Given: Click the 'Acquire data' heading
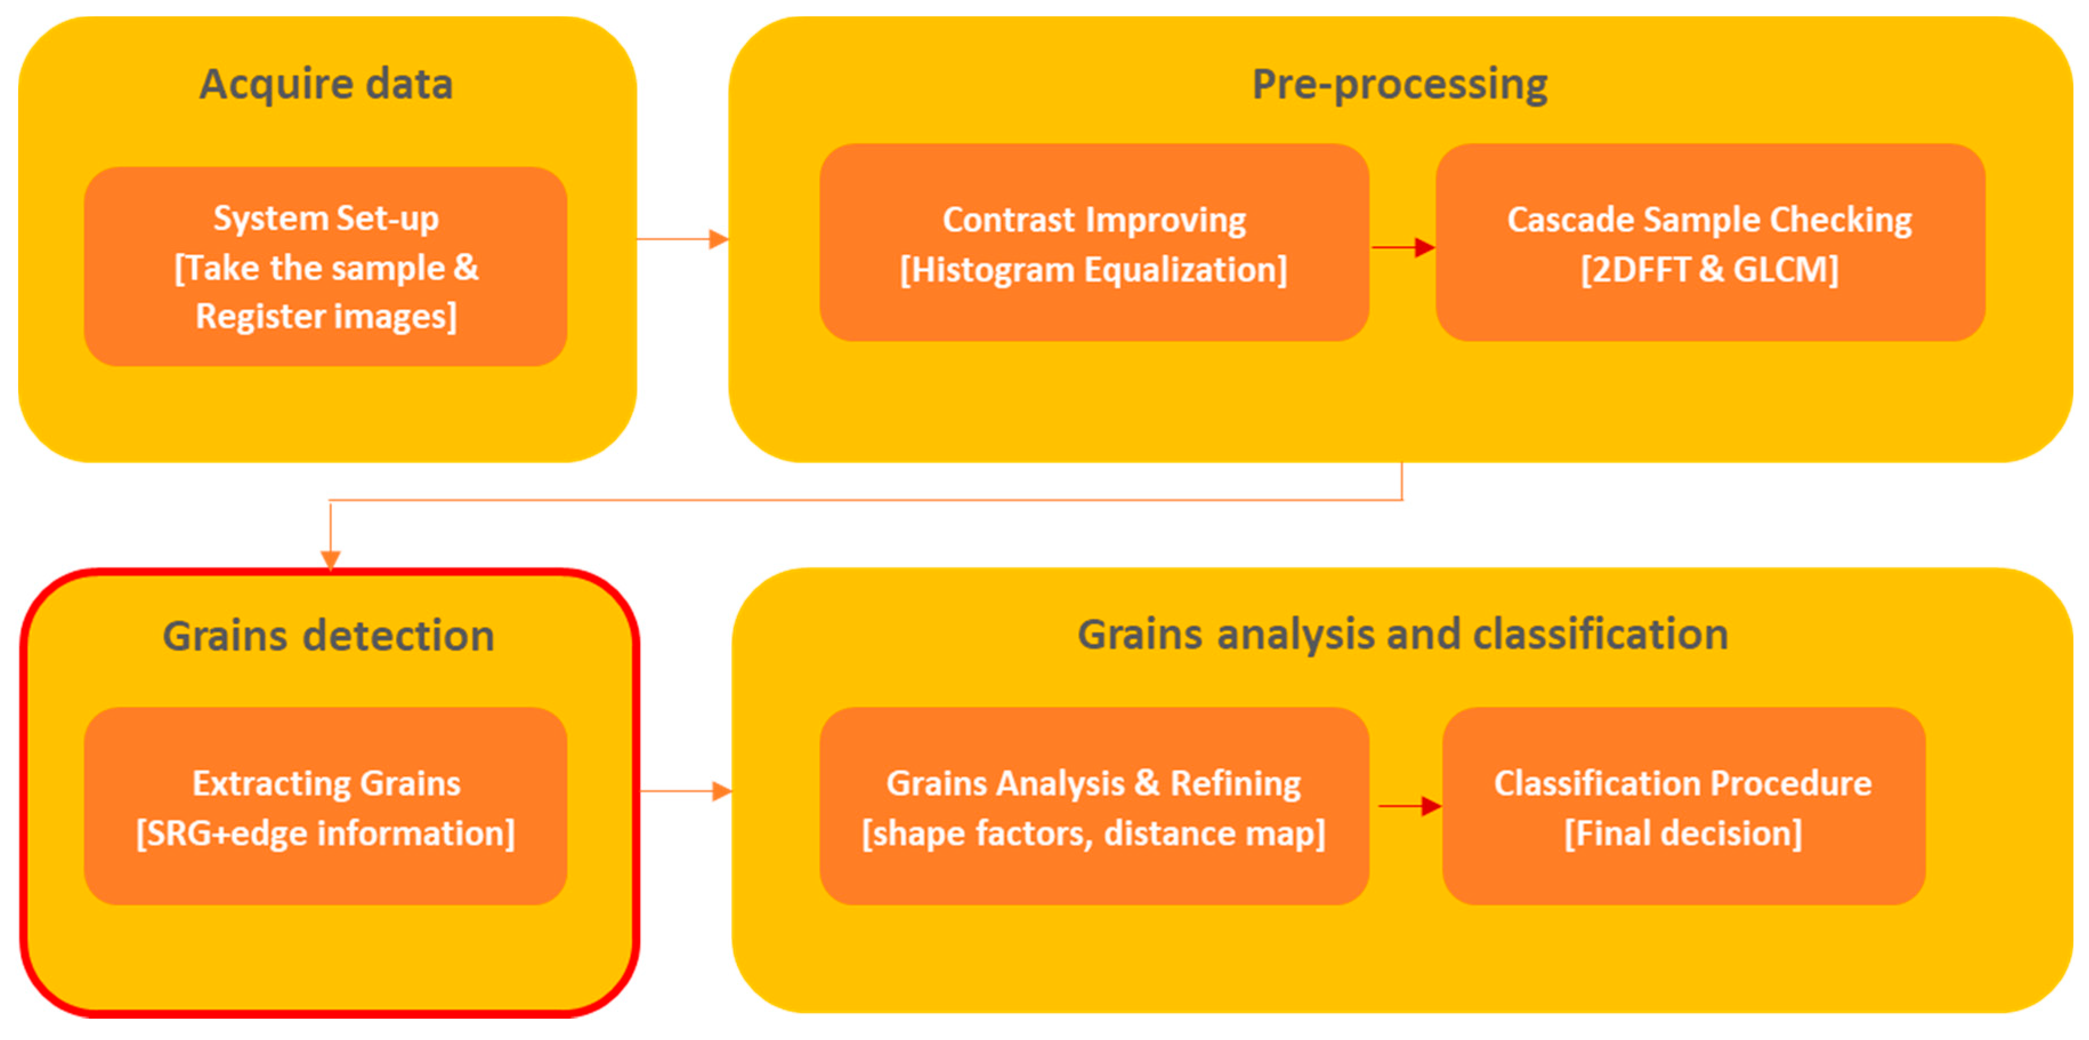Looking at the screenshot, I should pyautogui.click(x=326, y=84).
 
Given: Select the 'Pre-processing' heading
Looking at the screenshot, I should pyautogui.click(x=1400, y=84).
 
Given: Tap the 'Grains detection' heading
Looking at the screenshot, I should pyautogui.click(x=329, y=635).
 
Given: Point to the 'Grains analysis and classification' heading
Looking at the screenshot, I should pyautogui.click(x=1402, y=634).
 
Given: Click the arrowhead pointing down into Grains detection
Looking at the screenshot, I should pyautogui.click(x=330, y=560).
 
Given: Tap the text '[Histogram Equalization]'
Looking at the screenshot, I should pyautogui.click(x=1094, y=270).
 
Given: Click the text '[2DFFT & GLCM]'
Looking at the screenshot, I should pyautogui.click(x=1710, y=270).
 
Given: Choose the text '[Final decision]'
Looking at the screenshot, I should pyautogui.click(x=1683, y=834).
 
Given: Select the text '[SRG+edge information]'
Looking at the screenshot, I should pyautogui.click(x=326, y=834).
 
